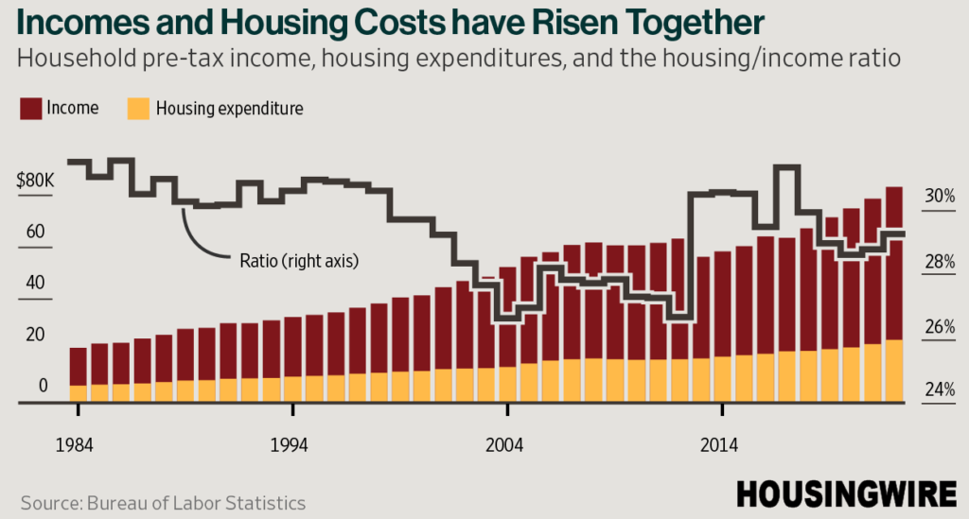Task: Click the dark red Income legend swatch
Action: tap(30, 108)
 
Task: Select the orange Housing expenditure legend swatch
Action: tap(138, 108)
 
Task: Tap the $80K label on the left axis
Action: tap(35, 181)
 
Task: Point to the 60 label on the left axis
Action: tap(35, 232)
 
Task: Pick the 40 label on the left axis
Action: tap(35, 283)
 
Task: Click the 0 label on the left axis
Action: tap(43, 385)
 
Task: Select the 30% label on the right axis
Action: tap(940, 196)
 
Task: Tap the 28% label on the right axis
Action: tap(940, 262)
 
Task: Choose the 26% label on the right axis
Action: tap(940, 326)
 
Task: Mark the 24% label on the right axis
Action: tap(940, 389)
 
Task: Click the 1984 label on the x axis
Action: tap(74, 445)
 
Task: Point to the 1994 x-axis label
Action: tap(289, 445)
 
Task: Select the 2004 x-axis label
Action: tap(503, 445)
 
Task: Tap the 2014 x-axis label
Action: tap(719, 445)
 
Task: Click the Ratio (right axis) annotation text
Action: tap(299, 261)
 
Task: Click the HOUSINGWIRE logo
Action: tap(847, 494)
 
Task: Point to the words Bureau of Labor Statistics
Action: tap(196, 503)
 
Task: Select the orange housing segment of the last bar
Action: tap(894, 371)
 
